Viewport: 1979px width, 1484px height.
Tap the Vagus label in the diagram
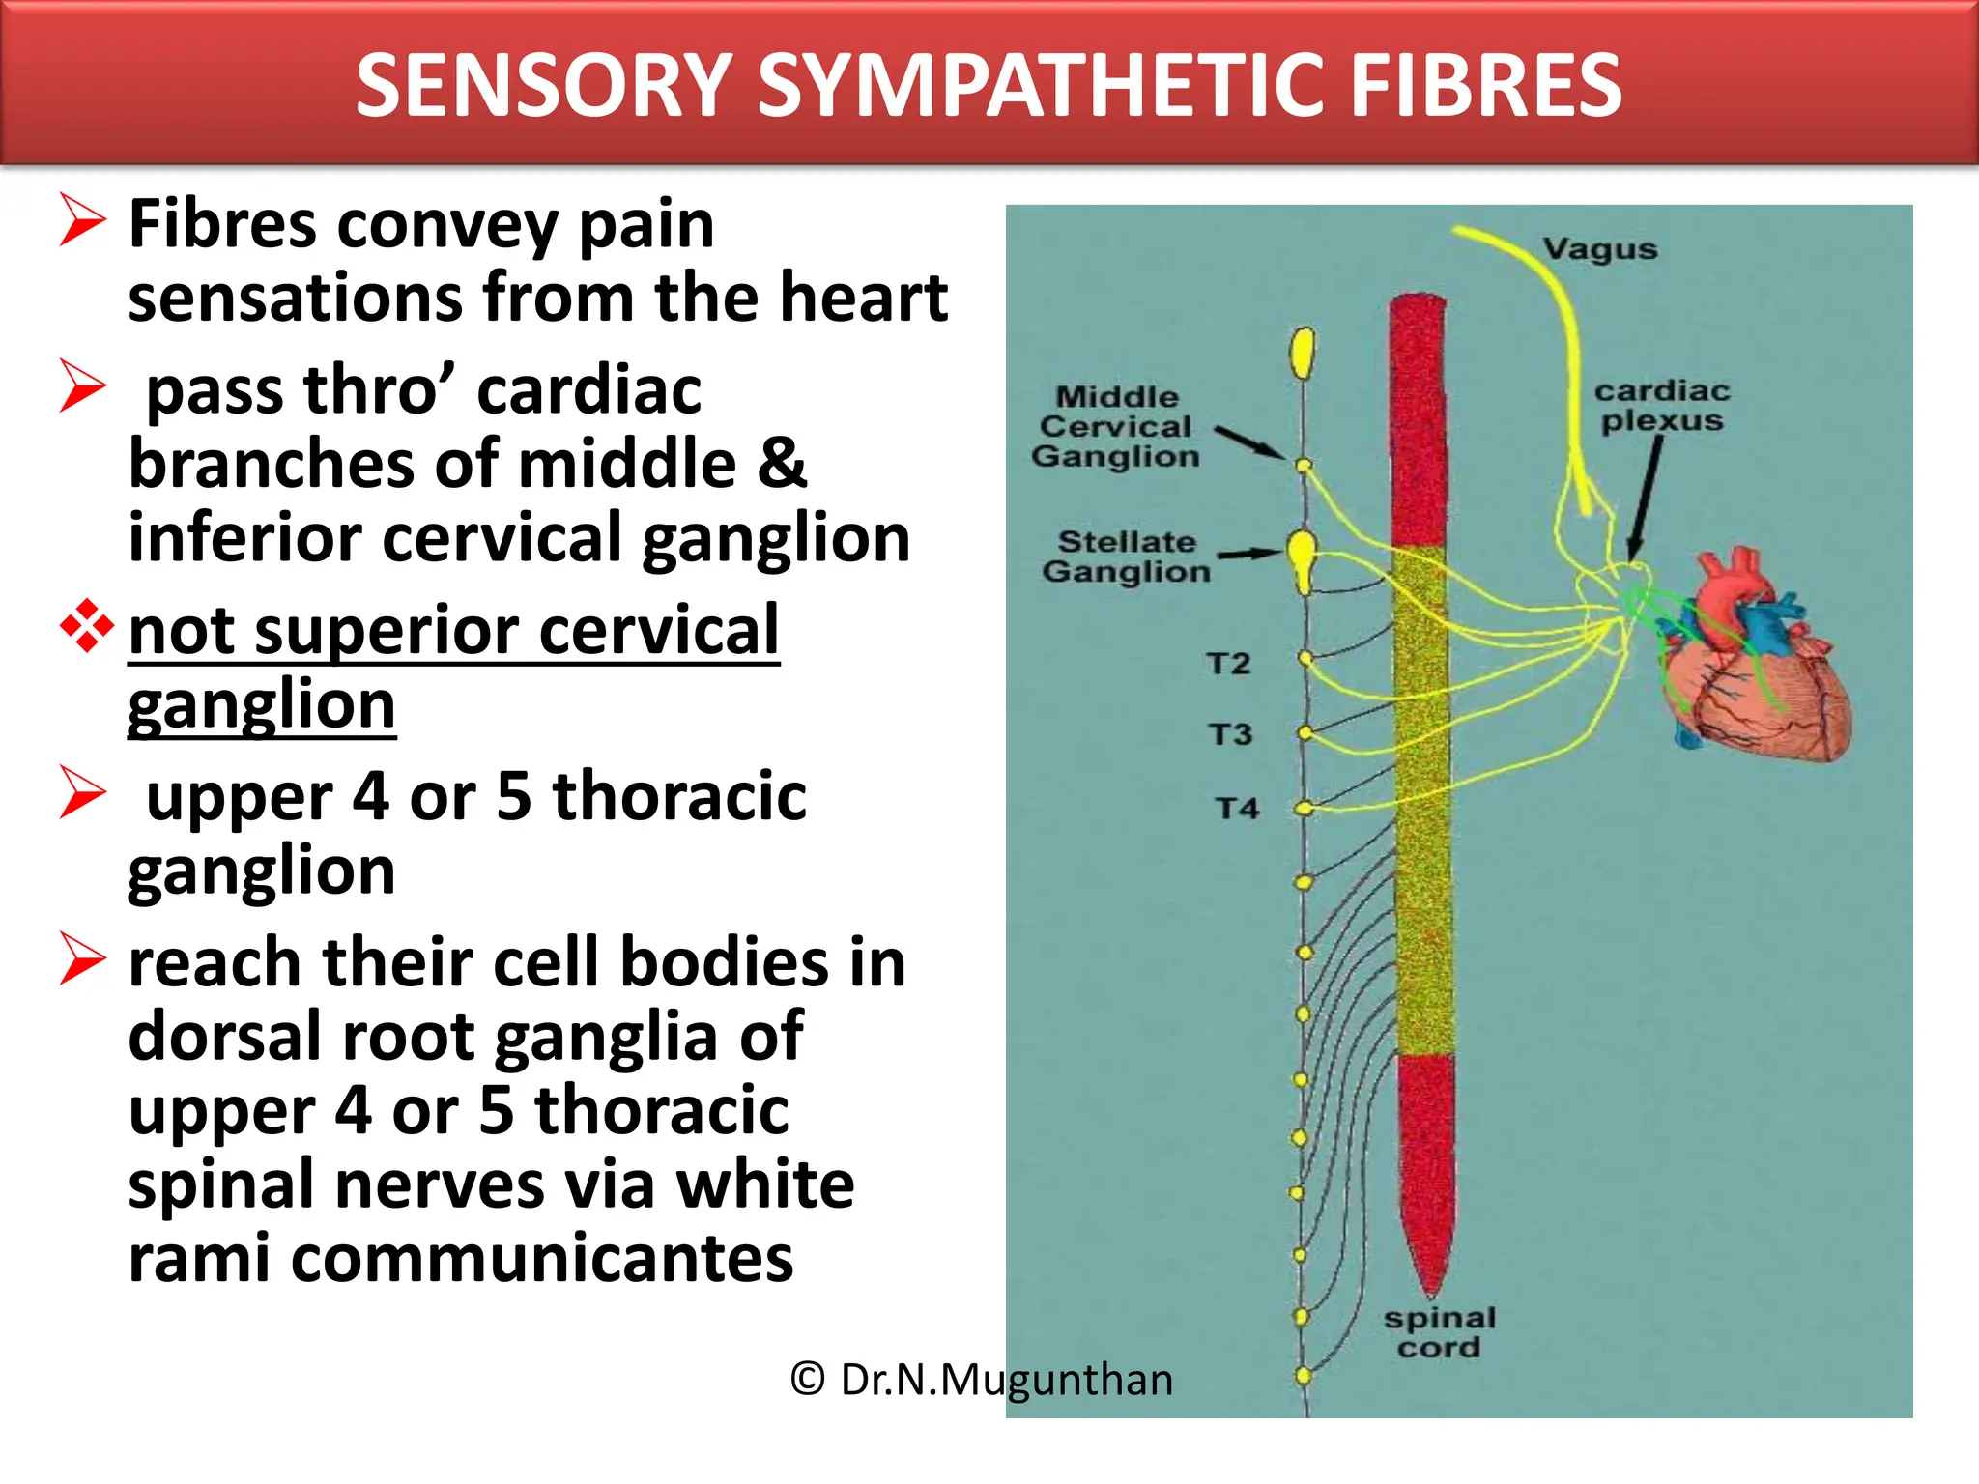click(1599, 249)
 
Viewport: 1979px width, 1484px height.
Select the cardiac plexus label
click(1661, 406)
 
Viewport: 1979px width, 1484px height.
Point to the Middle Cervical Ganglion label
click(1116, 426)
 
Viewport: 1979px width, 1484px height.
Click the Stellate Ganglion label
click(1126, 556)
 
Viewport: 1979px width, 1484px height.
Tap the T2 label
click(1228, 664)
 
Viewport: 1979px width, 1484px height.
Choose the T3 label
click(1230, 734)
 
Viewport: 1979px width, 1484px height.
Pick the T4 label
click(1237, 808)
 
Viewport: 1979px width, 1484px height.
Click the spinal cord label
click(1439, 1332)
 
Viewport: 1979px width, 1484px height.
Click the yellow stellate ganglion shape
click(1303, 560)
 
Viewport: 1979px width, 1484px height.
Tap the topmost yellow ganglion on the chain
click(1303, 353)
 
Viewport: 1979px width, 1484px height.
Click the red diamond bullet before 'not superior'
click(86, 627)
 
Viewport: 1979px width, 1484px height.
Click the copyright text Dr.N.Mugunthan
click(982, 1380)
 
